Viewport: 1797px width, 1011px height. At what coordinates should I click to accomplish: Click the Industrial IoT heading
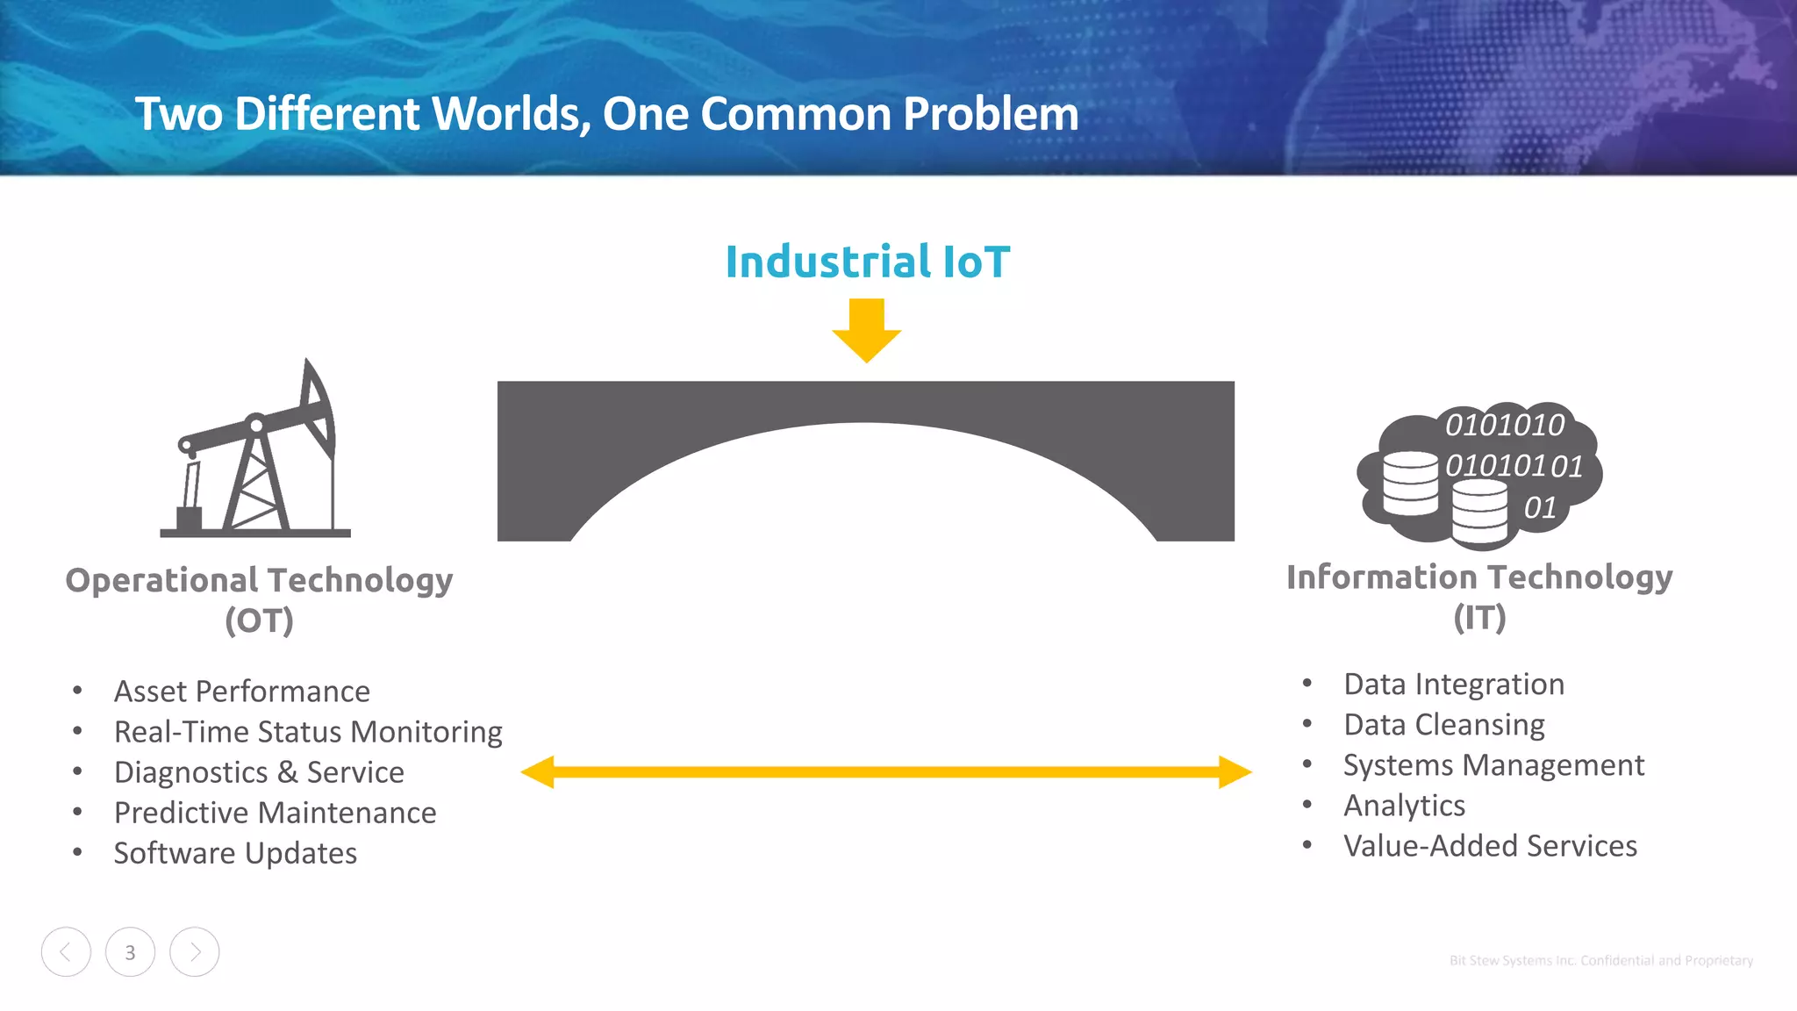tap(867, 262)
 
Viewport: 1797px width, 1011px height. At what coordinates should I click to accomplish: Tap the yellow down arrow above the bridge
tap(867, 331)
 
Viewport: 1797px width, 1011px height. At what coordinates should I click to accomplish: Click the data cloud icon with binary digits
tap(1479, 474)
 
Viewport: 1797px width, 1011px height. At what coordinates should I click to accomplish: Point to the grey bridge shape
tap(865, 404)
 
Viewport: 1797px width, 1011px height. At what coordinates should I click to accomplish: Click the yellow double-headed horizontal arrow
tap(886, 772)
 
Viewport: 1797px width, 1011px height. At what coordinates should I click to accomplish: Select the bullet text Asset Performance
tap(242, 692)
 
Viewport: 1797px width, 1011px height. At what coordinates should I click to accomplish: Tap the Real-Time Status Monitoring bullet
tap(308, 732)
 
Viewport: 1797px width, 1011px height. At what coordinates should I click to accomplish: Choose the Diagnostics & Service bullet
tap(259, 772)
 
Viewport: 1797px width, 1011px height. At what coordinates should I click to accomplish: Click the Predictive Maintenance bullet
tap(275, 813)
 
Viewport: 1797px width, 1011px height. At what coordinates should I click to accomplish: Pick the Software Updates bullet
tap(235, 853)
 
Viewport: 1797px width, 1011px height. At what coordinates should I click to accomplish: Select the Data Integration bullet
tap(1454, 685)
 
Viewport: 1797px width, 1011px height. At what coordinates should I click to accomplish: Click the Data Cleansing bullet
tap(1444, 725)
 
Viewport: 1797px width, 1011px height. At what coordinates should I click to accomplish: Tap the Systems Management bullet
tap(1493, 765)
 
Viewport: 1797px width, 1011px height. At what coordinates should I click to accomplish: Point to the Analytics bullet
tap(1404, 806)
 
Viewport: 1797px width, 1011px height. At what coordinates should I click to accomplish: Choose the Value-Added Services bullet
tap(1490, 846)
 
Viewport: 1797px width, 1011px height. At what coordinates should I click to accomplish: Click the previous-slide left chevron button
tap(66, 952)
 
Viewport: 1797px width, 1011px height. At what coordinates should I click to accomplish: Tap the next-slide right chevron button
tap(195, 952)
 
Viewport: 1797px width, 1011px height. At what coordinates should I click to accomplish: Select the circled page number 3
tap(130, 952)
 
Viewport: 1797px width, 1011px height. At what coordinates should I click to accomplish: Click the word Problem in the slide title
tap(991, 114)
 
